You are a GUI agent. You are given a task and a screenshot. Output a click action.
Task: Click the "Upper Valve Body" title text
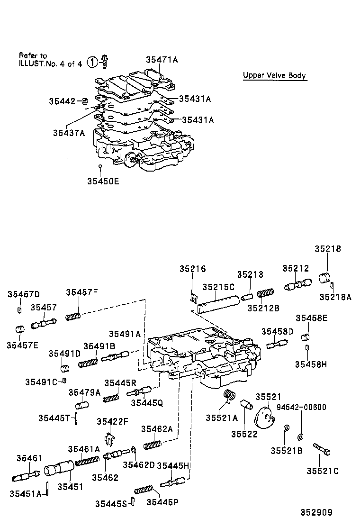274,75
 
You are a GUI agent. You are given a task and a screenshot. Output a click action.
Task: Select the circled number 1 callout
93,62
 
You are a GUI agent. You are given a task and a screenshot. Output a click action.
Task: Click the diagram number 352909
315,512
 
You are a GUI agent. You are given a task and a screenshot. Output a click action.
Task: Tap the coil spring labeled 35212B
266,293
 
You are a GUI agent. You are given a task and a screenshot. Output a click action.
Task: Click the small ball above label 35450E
100,166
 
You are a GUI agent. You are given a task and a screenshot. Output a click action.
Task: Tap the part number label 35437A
69,133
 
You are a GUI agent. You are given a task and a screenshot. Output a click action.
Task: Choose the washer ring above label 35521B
286,429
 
